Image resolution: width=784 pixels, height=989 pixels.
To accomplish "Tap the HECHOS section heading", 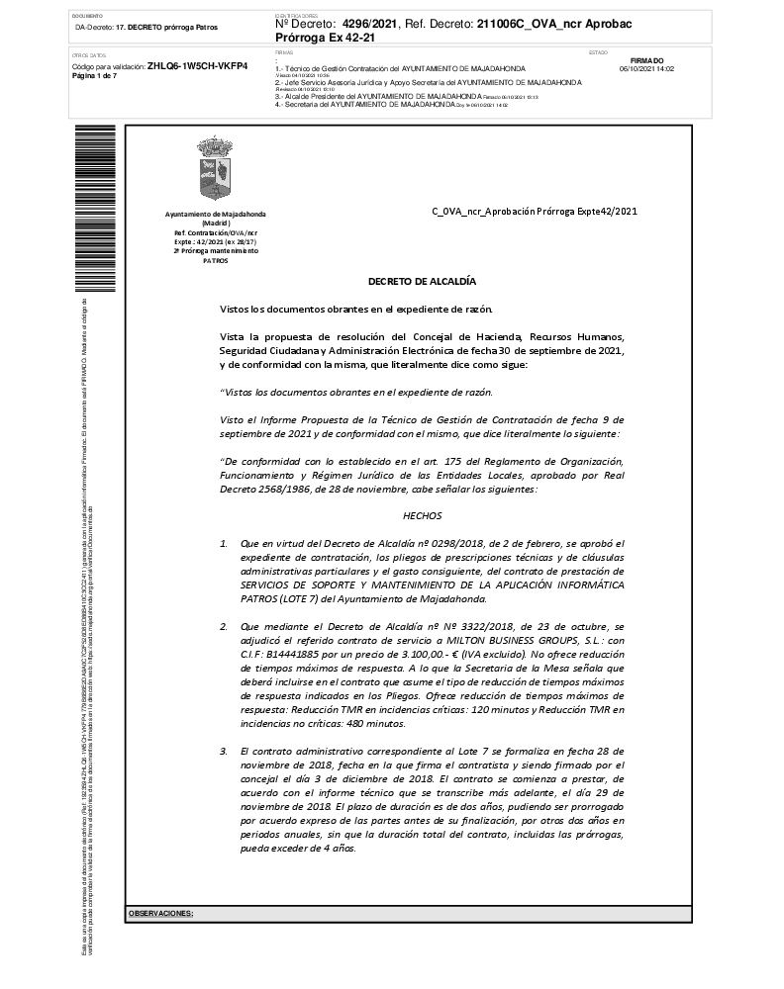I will click(x=422, y=515).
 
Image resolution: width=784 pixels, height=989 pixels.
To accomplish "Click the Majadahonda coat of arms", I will click(x=215, y=169).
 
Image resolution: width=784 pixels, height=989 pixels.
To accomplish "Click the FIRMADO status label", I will click(x=646, y=60).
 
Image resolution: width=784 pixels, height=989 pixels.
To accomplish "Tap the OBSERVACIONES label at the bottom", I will click(x=160, y=914).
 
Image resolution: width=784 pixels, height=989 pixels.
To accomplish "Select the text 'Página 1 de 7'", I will click(x=95, y=75).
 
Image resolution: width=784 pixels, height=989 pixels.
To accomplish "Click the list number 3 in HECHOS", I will click(x=224, y=752).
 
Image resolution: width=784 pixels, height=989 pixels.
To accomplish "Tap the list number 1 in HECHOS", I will click(x=224, y=543).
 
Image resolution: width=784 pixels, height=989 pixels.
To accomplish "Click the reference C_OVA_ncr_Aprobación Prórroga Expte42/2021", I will click(x=535, y=211).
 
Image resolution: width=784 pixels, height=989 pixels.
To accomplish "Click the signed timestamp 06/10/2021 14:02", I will click(x=646, y=69).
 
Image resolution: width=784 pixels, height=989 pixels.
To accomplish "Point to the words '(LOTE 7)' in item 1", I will click(x=304, y=598).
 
